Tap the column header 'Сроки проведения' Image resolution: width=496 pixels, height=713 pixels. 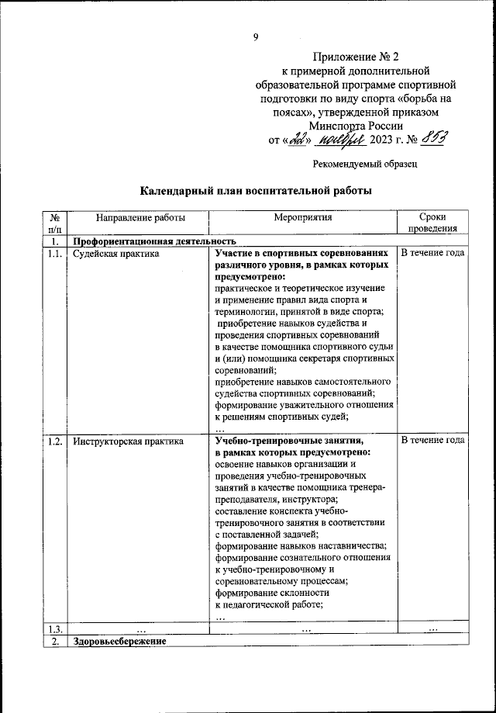[x=432, y=224]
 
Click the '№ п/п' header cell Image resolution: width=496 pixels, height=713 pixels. [x=55, y=224]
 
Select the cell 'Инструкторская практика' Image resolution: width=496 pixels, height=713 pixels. [x=128, y=441]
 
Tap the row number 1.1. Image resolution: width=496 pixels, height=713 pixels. [x=55, y=254]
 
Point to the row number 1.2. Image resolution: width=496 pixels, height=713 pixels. [x=55, y=441]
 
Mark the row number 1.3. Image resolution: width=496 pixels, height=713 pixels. [x=55, y=628]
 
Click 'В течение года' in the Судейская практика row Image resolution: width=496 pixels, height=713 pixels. [x=432, y=254]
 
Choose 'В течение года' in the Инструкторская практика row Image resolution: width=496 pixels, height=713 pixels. [x=432, y=441]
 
